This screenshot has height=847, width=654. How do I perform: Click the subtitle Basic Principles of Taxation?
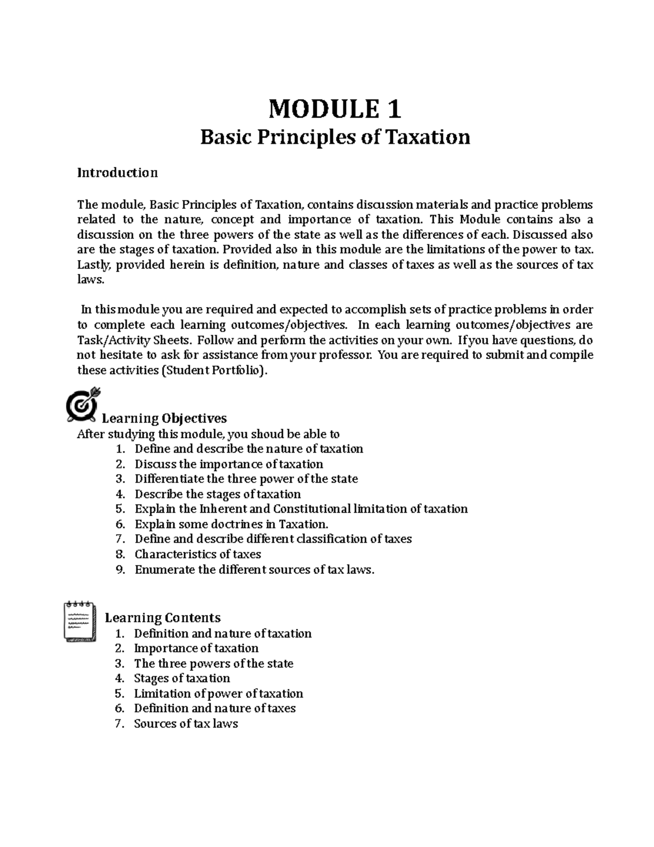pos(335,137)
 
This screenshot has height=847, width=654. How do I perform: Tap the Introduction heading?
pos(117,173)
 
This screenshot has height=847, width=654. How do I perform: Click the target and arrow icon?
pos(82,404)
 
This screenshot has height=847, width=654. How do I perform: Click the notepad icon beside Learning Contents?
pos(80,621)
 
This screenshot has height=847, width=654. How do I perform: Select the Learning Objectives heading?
pos(164,418)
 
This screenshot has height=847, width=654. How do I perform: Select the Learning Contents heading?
pos(162,617)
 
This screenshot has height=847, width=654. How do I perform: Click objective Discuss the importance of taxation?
pos(228,464)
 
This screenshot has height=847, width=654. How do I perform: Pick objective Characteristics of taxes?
pos(197,554)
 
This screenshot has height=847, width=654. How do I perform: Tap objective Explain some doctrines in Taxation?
pos(232,524)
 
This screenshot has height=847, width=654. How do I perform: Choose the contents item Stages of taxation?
pos(182,678)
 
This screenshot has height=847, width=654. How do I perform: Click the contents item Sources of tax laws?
pos(186,724)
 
